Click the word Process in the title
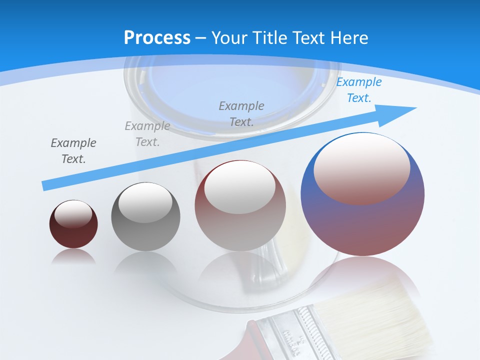(x=157, y=38)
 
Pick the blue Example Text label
(x=358, y=90)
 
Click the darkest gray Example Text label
(x=73, y=150)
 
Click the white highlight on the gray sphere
(x=145, y=202)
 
